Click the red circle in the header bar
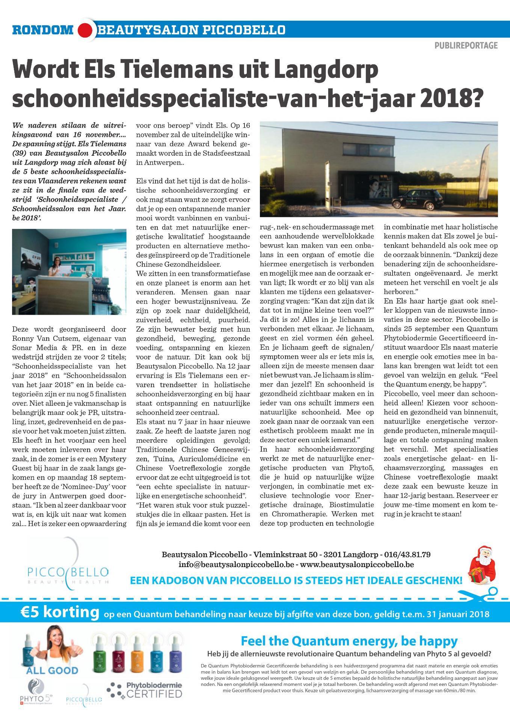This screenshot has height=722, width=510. coord(86,30)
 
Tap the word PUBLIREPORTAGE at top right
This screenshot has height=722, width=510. coord(466,46)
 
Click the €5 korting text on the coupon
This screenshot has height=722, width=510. coord(60,613)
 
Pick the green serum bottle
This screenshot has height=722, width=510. coord(100,654)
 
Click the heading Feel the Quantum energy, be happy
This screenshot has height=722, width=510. coord(349,640)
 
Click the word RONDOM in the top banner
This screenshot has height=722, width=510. coord(42,30)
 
